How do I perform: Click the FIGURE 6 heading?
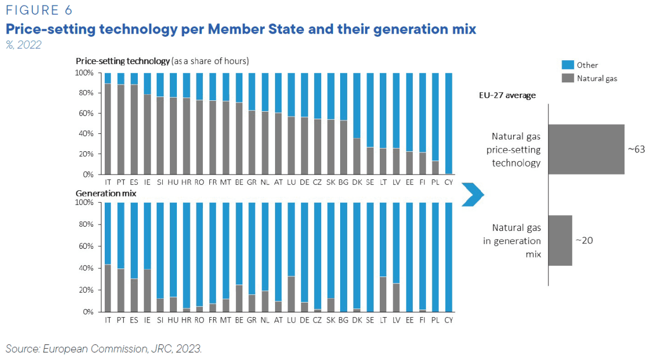39,10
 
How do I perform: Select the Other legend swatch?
568,65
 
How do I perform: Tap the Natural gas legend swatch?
568,78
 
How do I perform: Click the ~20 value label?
584,240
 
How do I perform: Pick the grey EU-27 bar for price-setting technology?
586,149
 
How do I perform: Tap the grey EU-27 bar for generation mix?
560,240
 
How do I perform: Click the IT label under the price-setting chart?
108,183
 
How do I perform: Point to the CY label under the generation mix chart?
449,320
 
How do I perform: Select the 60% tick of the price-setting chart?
87,113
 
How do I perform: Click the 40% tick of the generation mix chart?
87,268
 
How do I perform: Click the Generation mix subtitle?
105,192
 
